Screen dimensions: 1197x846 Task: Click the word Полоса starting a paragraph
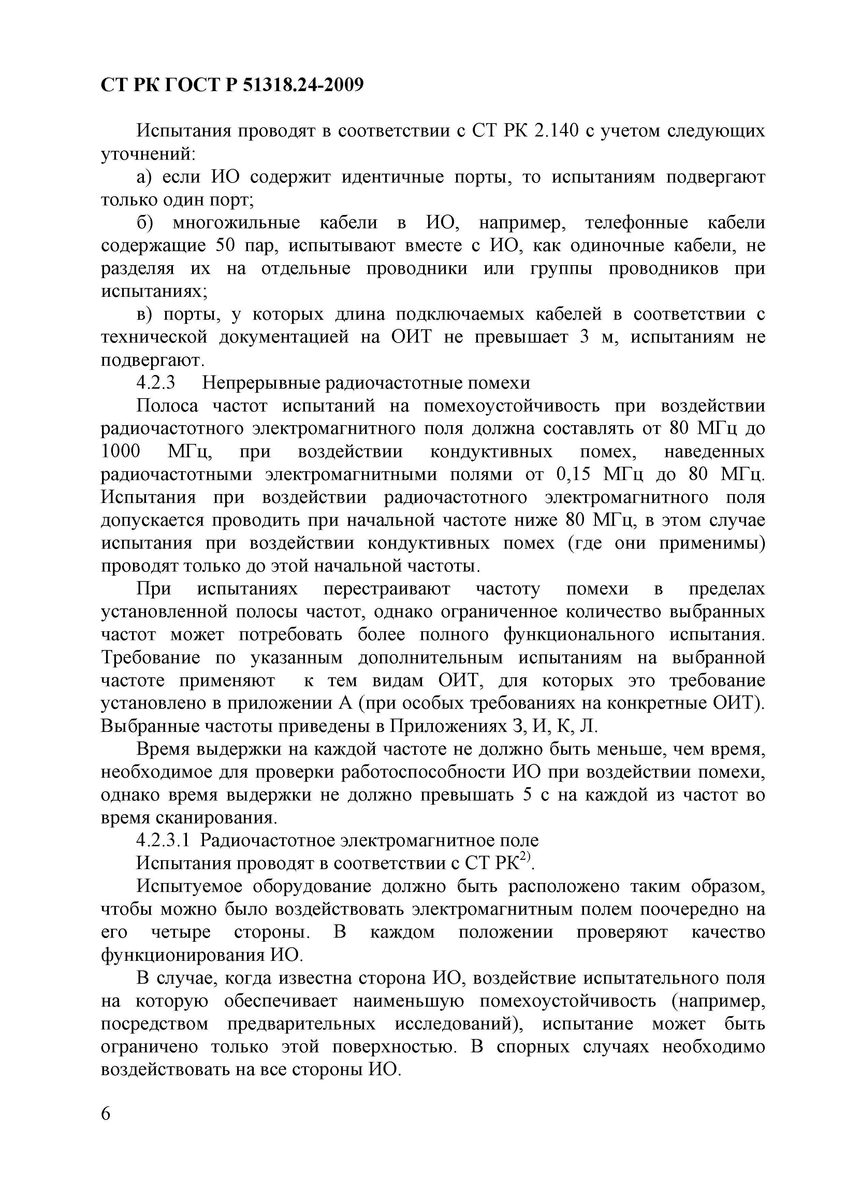(167, 406)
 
